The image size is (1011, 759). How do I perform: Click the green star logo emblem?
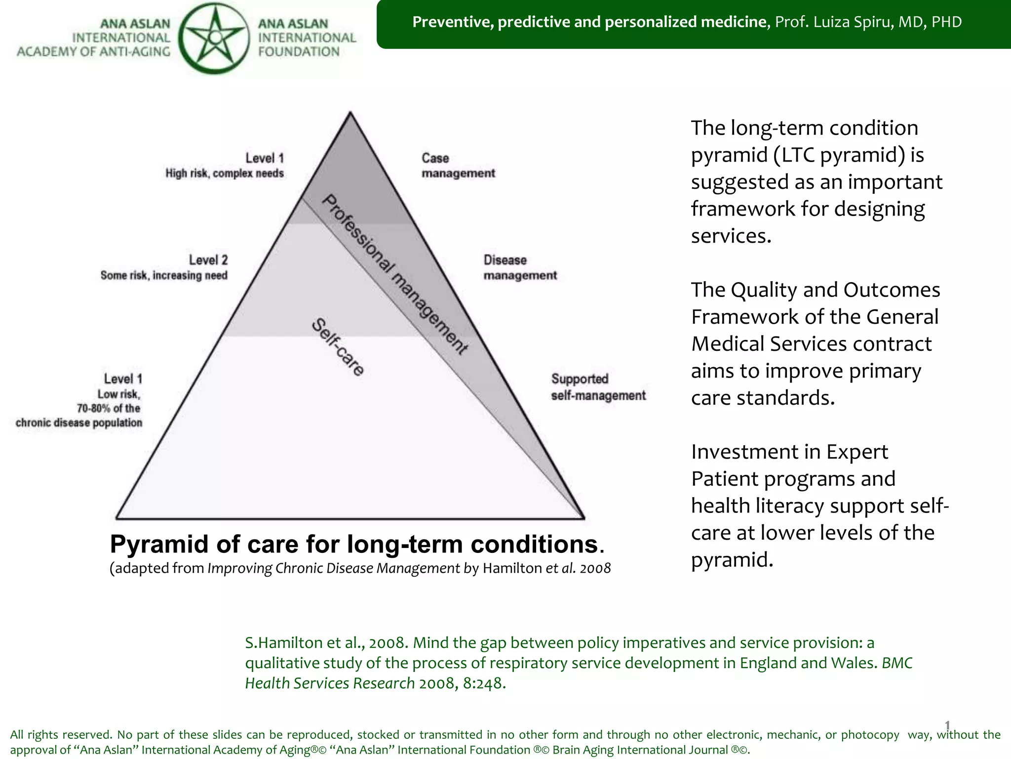214,38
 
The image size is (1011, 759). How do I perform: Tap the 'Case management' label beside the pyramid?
457,166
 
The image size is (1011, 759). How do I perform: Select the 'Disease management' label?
519,267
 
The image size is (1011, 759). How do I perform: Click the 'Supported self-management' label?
598,387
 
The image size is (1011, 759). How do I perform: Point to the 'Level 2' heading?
208,260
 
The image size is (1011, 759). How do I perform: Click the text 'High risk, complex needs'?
225,173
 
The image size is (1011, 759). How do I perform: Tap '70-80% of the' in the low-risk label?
108,408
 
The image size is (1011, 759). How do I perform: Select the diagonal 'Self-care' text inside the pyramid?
338,347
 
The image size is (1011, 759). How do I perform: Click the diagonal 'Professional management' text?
395,274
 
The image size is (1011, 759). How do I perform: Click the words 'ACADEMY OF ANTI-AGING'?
93,51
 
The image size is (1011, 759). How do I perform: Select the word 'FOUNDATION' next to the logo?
299,51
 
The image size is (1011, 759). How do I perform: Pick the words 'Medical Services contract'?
811,344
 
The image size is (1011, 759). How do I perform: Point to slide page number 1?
947,725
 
